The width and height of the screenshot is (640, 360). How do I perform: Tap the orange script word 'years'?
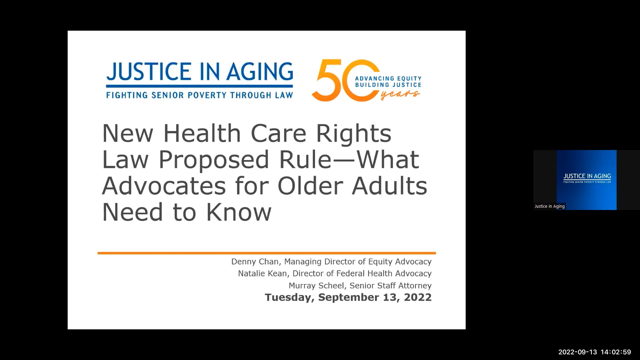pos(400,95)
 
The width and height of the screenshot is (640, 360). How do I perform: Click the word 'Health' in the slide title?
pos(202,133)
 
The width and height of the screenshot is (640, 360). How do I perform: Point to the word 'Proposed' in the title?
pos(214,160)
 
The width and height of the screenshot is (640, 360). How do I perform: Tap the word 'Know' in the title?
pos(239,212)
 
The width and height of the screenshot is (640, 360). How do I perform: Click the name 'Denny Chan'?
pos(255,262)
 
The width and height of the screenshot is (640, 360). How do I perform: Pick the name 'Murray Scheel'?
pos(316,286)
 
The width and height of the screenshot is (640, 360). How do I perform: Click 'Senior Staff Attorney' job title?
pos(390,286)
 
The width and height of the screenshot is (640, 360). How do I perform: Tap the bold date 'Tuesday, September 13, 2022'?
pos(348,297)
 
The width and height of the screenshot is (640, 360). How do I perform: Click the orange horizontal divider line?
pos(267,253)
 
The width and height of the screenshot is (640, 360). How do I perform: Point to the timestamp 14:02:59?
pos(616,352)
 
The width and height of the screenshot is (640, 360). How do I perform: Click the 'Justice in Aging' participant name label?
pos(549,206)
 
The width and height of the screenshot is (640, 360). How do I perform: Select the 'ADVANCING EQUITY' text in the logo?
pos(388,79)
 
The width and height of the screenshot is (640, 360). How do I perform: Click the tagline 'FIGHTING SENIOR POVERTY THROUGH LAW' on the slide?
pos(199,95)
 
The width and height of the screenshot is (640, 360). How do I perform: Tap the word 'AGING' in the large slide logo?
pos(260,72)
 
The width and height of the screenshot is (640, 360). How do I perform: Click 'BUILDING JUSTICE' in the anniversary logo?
pos(388,85)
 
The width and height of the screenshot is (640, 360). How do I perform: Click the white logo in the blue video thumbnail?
pos(587,178)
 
